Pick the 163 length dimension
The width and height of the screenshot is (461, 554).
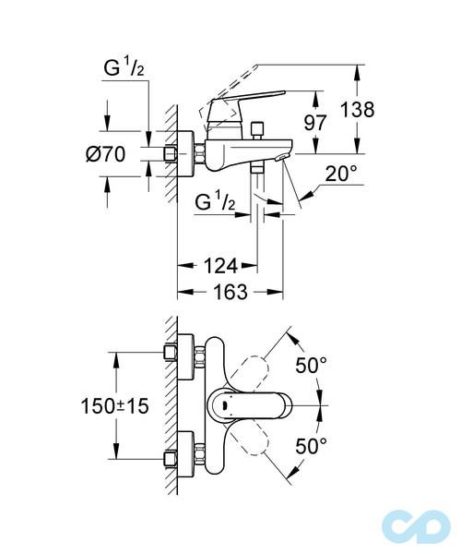(x=224, y=292)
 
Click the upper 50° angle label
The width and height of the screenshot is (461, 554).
(x=311, y=366)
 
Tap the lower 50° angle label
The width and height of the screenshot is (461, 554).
(x=311, y=447)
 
